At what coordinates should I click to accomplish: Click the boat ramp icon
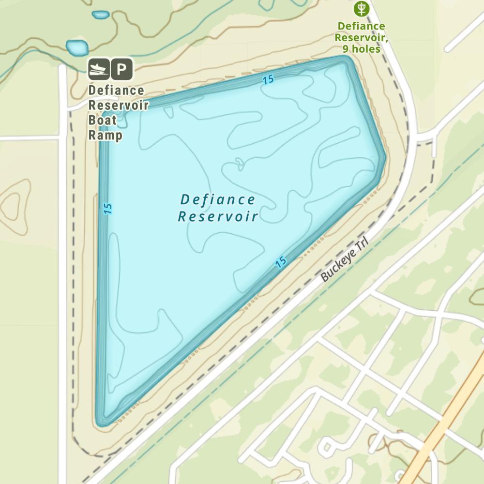pos(98,69)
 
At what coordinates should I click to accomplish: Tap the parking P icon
pos(121,69)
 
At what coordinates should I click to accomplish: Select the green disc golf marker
pos(362,8)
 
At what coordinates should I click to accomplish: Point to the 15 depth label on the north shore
pos(269,79)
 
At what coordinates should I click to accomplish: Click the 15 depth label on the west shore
pos(107,209)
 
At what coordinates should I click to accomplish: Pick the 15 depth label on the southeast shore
pos(281,262)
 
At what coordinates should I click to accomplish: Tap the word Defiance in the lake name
pos(218,199)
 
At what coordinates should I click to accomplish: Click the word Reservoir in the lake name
pos(218,216)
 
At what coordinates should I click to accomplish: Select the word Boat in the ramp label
pos(103,121)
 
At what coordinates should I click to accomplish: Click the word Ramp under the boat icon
pos(105,136)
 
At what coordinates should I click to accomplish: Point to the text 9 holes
pos(361,48)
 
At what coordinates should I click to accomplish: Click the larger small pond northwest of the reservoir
pos(77,48)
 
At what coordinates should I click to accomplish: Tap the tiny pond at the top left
pos(100,15)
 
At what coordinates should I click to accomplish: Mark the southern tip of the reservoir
pos(100,423)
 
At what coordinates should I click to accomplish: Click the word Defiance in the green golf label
pos(361,26)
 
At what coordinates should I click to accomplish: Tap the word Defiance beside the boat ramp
pos(116,91)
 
